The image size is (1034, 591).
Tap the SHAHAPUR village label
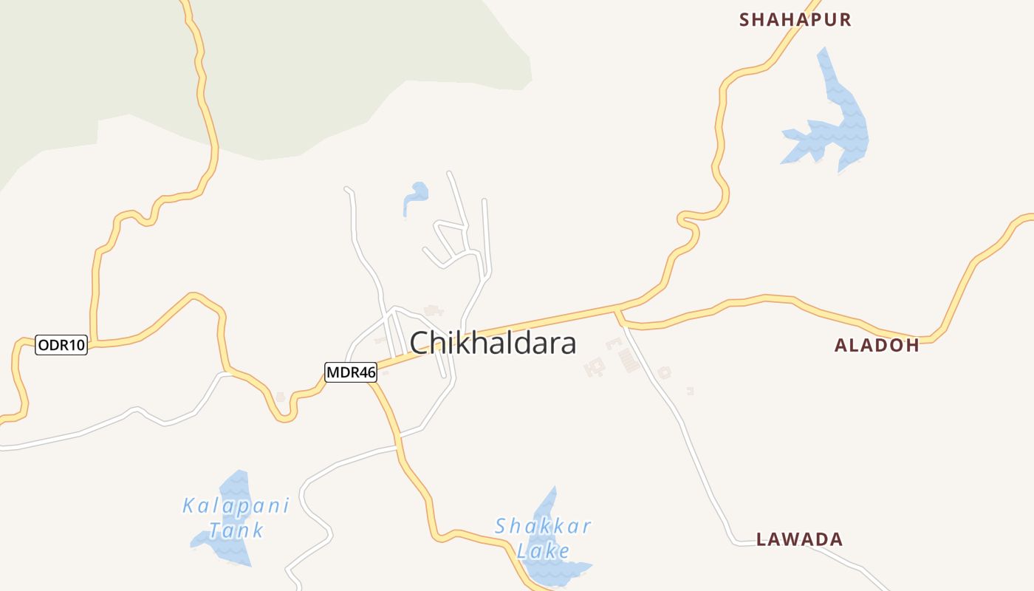[795, 20]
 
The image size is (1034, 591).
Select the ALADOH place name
[877, 345]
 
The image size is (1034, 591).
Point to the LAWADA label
[800, 539]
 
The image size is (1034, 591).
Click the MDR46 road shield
[351, 372]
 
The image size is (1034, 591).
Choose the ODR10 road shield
[61, 345]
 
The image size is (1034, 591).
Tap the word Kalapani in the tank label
[236, 506]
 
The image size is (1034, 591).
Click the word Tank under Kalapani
[236, 530]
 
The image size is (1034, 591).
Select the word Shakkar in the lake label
[543, 526]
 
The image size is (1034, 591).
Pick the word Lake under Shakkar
[543, 550]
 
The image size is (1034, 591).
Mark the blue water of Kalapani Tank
[225, 547]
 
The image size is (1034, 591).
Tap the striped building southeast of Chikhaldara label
[629, 361]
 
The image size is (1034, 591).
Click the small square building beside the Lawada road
[664, 373]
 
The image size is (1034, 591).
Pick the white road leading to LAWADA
[694, 451]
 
